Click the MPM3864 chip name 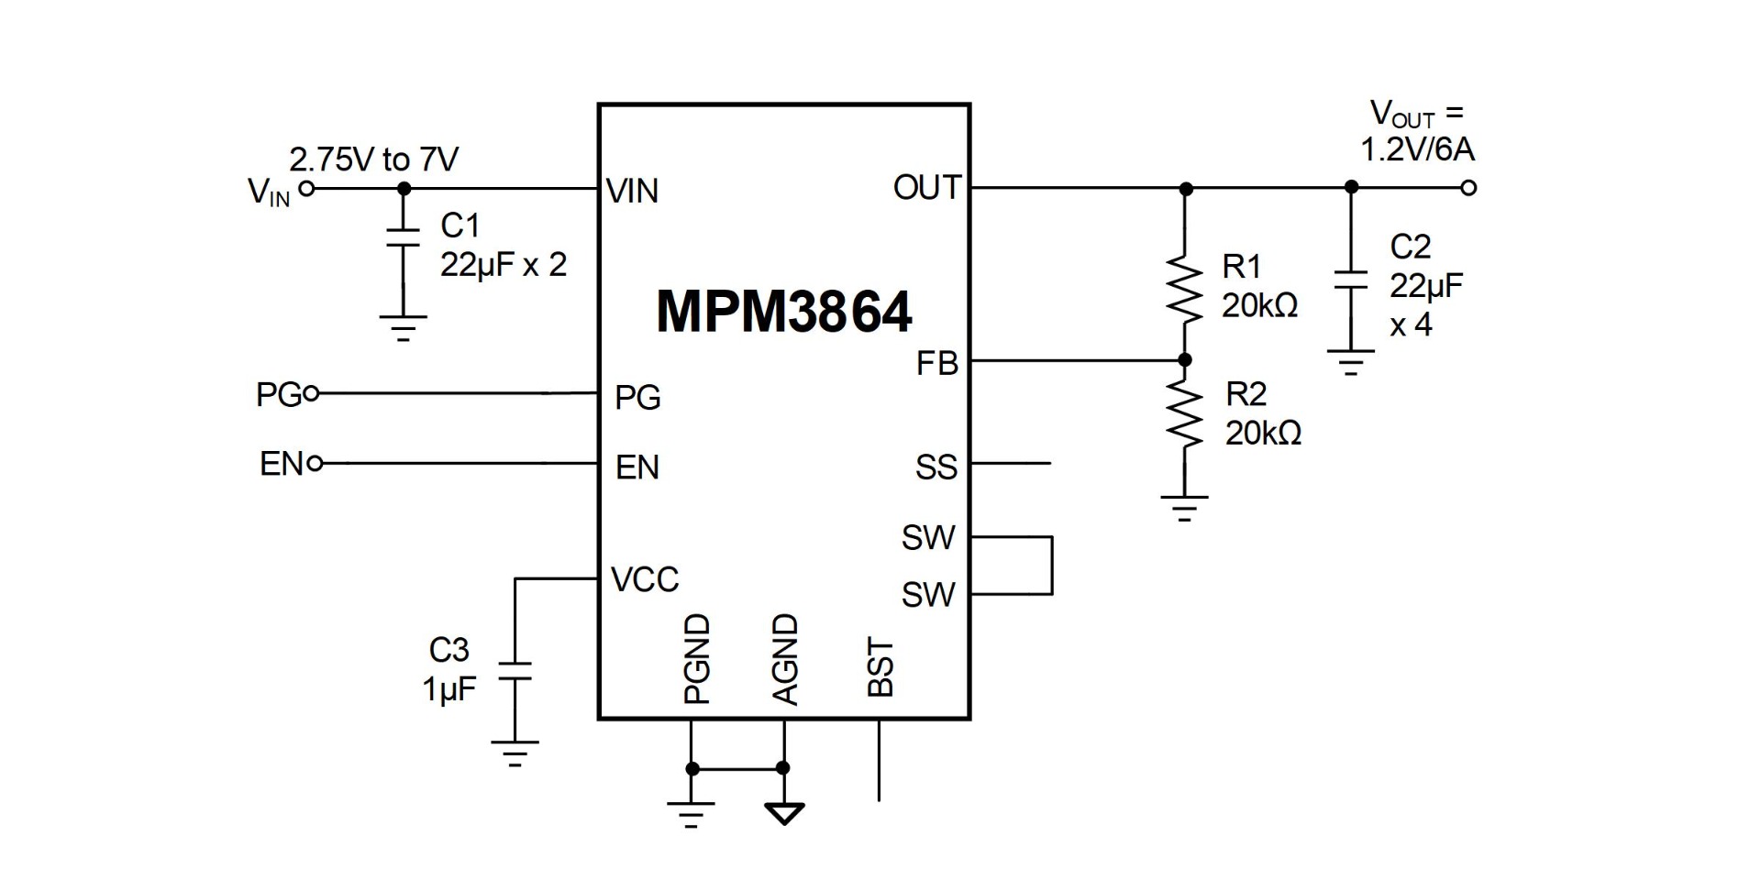tap(784, 313)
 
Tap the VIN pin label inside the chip tap(633, 192)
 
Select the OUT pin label tap(925, 188)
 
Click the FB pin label tap(936, 364)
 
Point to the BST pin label tap(880, 668)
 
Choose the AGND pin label tap(786, 659)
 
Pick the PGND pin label tap(698, 659)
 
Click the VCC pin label tap(645, 579)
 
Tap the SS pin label tap(936, 467)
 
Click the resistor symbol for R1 tap(1185, 289)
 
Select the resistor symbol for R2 tap(1185, 414)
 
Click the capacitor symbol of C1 tap(403, 237)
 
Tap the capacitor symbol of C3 tap(515, 671)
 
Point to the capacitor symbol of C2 tap(1350, 280)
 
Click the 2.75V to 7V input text tap(373, 159)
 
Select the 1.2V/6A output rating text tap(1417, 149)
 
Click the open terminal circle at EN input tap(315, 464)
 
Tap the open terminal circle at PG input tap(311, 394)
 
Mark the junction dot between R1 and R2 tap(1185, 360)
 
